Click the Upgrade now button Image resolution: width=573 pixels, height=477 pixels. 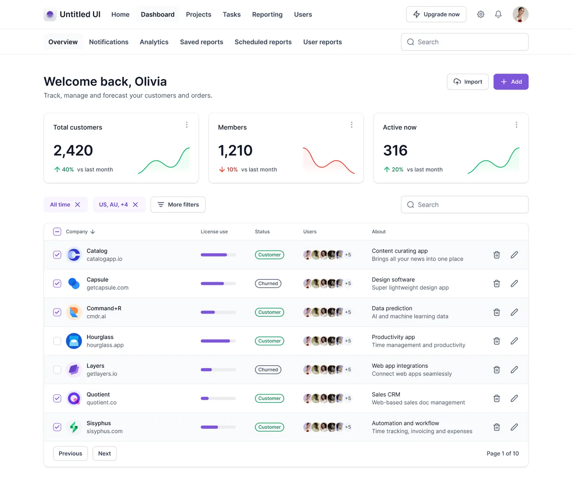(x=436, y=15)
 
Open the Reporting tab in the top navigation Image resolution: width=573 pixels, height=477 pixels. (x=267, y=15)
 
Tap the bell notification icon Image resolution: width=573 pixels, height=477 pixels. (x=498, y=15)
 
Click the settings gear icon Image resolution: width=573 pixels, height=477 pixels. (x=480, y=15)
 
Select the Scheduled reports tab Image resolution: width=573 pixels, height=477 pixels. (x=263, y=42)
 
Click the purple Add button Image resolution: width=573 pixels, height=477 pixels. (x=511, y=82)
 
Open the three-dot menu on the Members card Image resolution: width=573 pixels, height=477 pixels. (x=351, y=125)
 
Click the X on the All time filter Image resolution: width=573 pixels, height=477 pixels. (x=78, y=205)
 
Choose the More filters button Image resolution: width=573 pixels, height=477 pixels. (x=178, y=205)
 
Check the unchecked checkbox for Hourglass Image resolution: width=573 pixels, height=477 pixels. (x=57, y=341)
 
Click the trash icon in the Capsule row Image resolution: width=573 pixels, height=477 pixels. (x=496, y=284)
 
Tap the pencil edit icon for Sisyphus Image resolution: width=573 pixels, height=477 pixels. (x=514, y=427)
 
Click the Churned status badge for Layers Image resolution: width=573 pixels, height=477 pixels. (x=268, y=370)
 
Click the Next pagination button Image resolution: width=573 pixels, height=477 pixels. (x=104, y=453)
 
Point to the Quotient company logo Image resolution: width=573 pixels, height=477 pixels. (x=74, y=399)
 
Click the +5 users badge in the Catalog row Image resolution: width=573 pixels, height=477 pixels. (x=348, y=255)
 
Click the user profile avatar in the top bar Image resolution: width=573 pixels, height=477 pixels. (x=520, y=15)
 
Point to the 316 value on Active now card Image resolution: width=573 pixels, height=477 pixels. (x=395, y=151)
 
